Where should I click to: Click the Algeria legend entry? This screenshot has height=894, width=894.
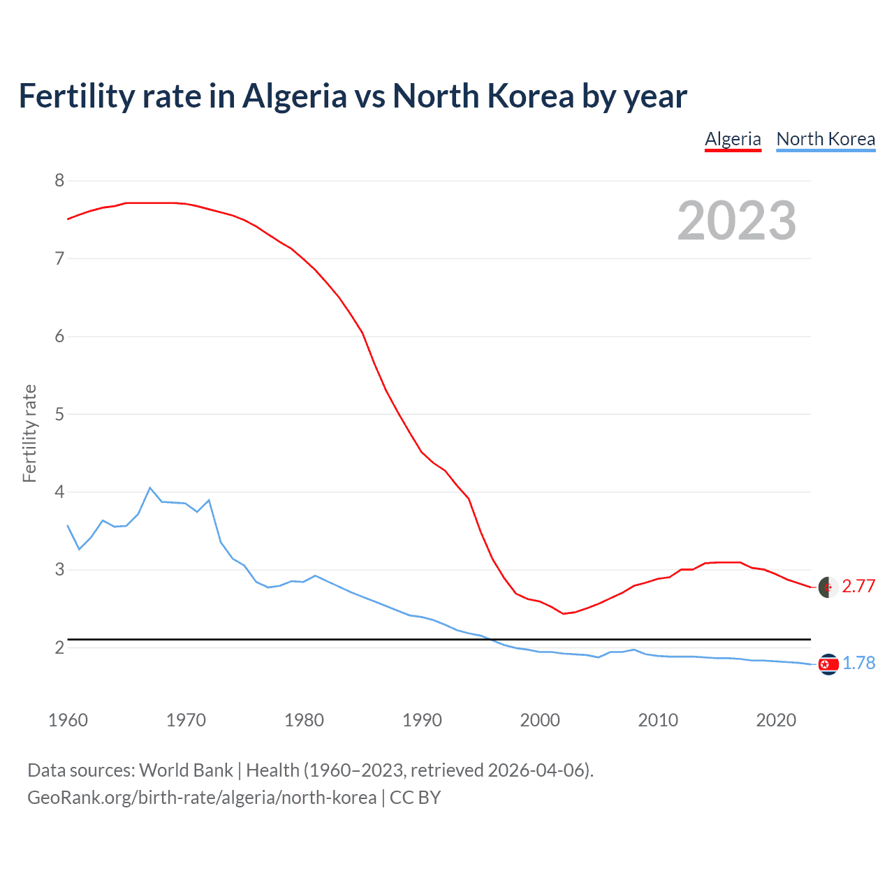pyautogui.click(x=733, y=139)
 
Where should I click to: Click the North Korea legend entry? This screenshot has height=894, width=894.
pyautogui.click(x=826, y=139)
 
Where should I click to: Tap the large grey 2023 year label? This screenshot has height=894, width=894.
pyautogui.click(x=737, y=221)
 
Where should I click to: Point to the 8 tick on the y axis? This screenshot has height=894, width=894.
pyautogui.click(x=59, y=181)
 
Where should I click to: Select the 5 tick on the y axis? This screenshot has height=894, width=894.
pyautogui.click(x=59, y=414)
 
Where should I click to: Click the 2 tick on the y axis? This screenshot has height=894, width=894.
pyautogui.click(x=59, y=647)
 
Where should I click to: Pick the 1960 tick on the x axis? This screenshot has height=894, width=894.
pyautogui.click(x=68, y=720)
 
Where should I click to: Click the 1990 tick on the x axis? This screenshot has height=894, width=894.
pyautogui.click(x=422, y=720)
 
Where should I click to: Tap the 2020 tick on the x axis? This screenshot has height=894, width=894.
pyautogui.click(x=776, y=720)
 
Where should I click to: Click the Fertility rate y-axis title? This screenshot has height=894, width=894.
pyautogui.click(x=29, y=433)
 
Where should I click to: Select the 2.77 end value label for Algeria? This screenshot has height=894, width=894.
pyautogui.click(x=858, y=587)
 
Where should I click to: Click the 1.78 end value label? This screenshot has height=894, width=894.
pyautogui.click(x=858, y=664)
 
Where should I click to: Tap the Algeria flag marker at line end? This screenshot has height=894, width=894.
pyautogui.click(x=828, y=587)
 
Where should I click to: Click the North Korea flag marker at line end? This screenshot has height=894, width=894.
pyautogui.click(x=828, y=664)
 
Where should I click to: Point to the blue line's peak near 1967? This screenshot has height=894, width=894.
pyautogui.click(x=150, y=488)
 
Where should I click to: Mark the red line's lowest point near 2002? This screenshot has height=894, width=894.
pyautogui.click(x=563, y=613)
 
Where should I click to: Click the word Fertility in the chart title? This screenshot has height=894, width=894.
pyautogui.click(x=74, y=96)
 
